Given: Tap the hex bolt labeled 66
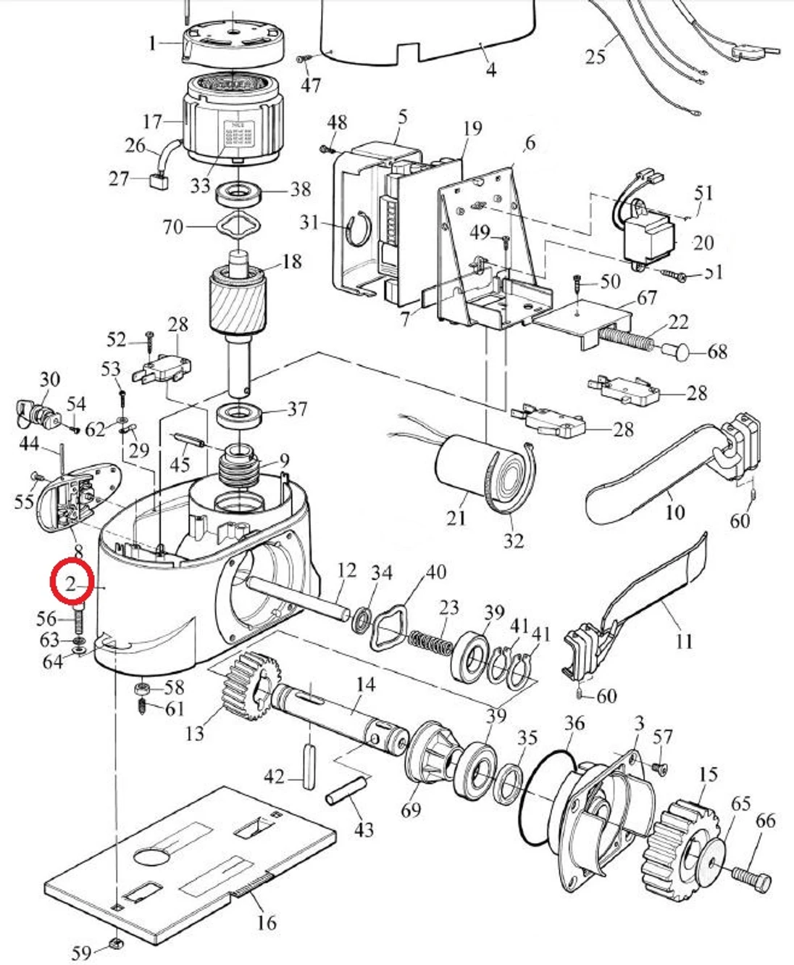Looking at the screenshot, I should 751,875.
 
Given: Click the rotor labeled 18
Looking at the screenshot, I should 238,300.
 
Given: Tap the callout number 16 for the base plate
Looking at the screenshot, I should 267,922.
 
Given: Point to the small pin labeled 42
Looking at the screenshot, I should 308,765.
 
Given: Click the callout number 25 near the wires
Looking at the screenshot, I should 595,56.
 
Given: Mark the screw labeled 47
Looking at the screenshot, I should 304,59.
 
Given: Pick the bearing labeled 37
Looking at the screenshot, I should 239,417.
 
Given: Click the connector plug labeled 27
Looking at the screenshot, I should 157,181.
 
